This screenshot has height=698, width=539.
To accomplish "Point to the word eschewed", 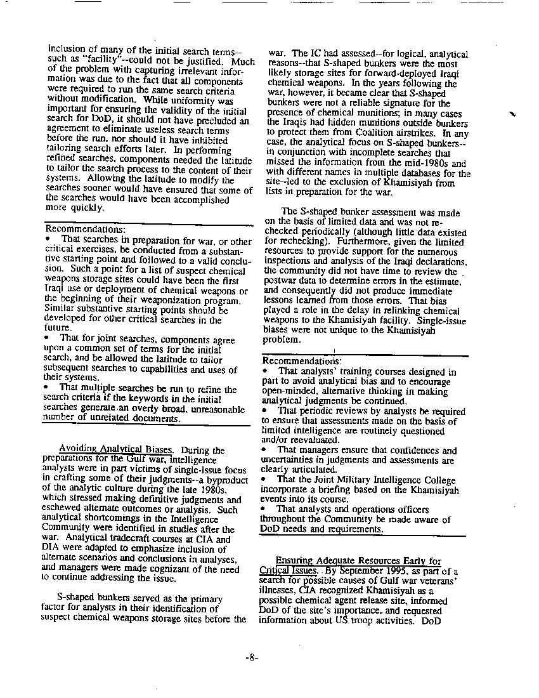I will (x=62, y=509).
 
